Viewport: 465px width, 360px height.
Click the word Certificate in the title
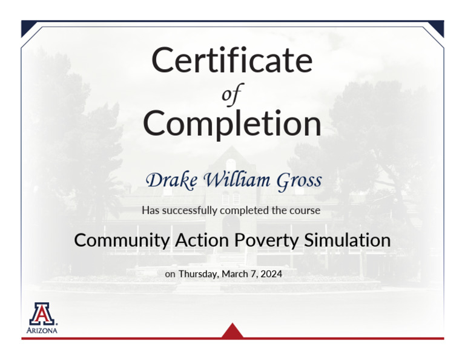tap(232, 60)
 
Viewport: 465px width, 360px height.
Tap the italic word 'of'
tap(232, 94)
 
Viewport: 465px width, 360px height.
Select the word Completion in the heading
tap(232, 124)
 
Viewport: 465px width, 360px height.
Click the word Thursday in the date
tap(198, 274)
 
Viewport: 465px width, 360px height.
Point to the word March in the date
tap(236, 274)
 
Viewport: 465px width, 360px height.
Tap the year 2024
tap(271, 274)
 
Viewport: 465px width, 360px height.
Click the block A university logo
tap(42, 313)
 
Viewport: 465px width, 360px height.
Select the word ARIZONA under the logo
tap(42, 331)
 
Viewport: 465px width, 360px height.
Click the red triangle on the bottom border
tap(232, 332)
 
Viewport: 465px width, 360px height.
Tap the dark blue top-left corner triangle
tap(27, 26)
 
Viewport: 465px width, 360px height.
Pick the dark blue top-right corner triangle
tap(437, 26)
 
